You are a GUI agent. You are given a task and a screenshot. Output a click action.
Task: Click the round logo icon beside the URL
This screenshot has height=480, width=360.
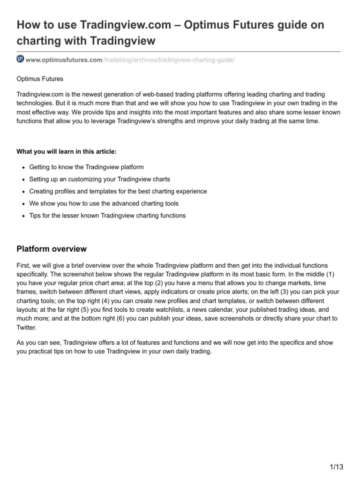(20, 59)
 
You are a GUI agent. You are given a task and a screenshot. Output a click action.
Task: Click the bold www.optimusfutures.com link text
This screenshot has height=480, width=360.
(64, 60)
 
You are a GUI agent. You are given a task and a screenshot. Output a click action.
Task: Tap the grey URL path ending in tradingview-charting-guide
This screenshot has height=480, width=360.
(168, 60)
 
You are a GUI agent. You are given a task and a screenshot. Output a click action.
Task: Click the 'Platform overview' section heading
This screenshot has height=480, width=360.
(52, 249)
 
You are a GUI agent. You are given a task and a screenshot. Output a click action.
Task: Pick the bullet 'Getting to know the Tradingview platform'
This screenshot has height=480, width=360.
(86, 167)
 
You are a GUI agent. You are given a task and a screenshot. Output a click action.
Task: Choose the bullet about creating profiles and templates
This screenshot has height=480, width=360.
(118, 191)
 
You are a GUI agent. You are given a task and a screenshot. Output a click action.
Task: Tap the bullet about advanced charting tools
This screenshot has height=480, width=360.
(104, 203)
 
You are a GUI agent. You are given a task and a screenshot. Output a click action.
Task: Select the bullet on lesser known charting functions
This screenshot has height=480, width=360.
(107, 216)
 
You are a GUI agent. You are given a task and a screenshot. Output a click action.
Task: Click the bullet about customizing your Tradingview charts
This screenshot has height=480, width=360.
(99, 179)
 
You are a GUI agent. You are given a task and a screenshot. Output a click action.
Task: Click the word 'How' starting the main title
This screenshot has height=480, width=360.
(30, 25)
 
